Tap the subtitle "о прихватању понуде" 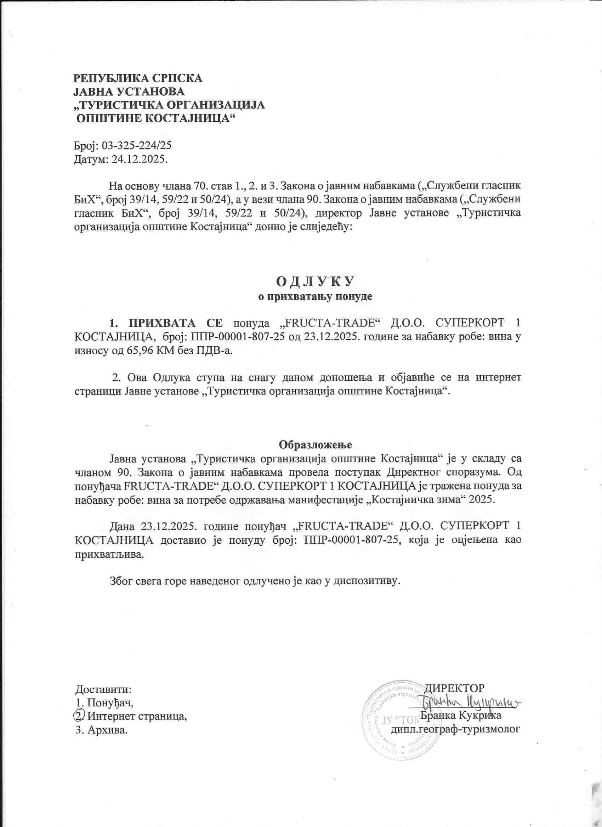(x=315, y=296)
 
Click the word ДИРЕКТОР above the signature (x=455, y=688)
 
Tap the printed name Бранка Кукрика (x=461, y=715)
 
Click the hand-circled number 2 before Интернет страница (x=79, y=716)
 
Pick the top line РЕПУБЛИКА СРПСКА (x=138, y=79)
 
